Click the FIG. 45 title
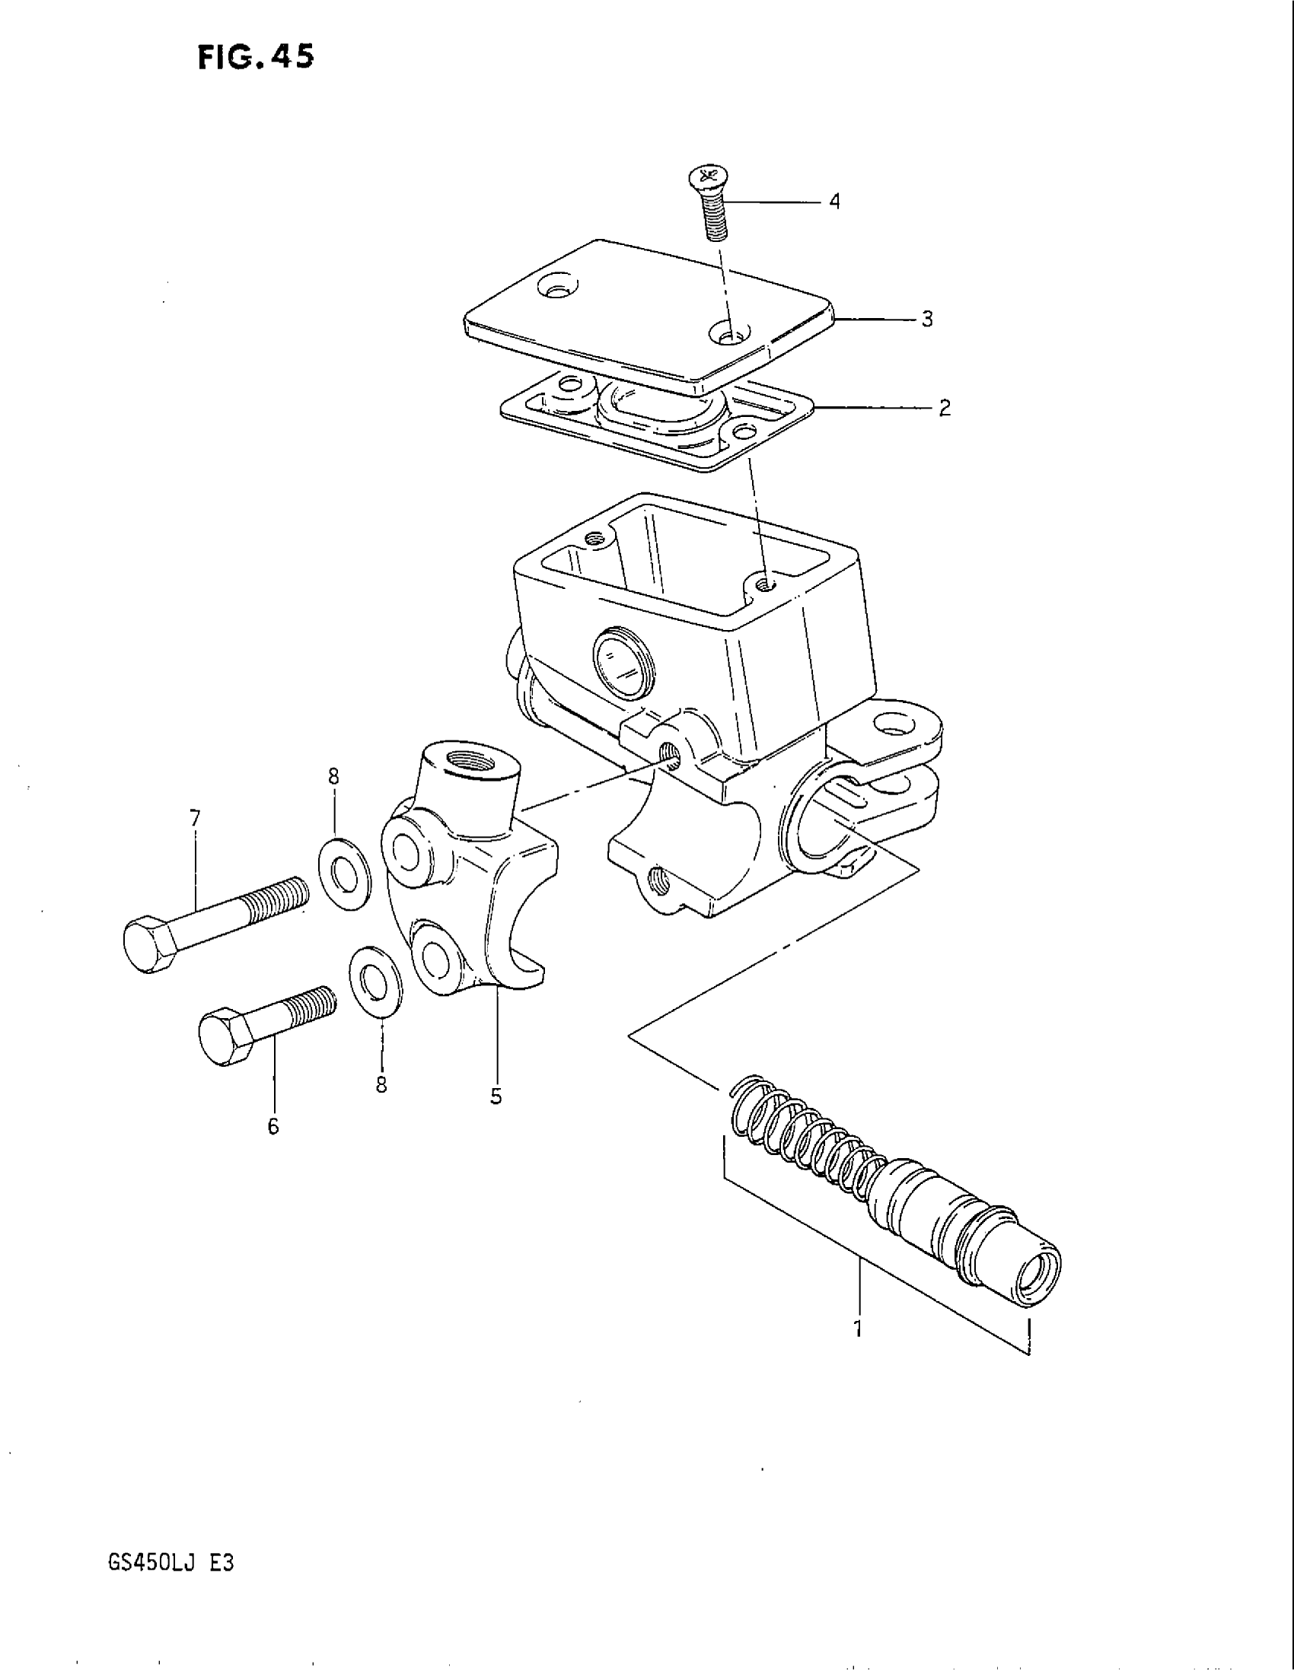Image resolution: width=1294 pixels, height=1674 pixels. pos(255,58)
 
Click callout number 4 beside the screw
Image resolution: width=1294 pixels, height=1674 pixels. pos(835,202)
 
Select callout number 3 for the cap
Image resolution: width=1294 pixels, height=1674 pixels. pos(928,320)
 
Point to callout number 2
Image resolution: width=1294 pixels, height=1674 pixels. pos(945,408)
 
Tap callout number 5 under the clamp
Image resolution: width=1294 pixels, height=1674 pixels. pos(496,1096)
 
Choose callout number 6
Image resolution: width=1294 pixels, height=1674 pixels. pos(274,1126)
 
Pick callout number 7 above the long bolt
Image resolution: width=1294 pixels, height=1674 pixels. pos(195,819)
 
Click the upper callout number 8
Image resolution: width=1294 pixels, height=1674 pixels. pos(333,776)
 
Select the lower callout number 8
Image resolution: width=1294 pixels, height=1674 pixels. pos(381,1084)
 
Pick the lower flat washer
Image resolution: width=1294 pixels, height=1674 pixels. pos(374,982)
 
